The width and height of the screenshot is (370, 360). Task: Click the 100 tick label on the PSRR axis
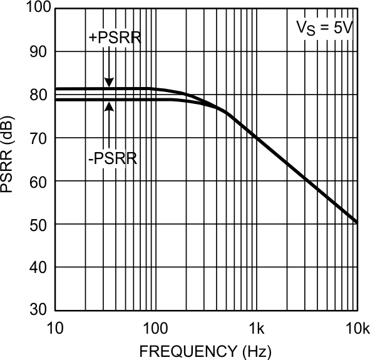[35, 8]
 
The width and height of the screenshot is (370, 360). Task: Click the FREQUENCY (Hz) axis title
[206, 350]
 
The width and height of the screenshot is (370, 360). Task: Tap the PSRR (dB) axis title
[9, 160]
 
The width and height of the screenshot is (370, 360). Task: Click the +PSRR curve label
[115, 38]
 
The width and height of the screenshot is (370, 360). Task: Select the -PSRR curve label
[113, 158]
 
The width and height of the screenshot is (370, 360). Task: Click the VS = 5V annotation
[325, 28]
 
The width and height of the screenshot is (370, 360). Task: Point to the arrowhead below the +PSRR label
[109, 83]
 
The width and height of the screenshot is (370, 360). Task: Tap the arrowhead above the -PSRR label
[109, 105]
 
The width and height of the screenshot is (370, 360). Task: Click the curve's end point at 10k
[356, 222]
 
